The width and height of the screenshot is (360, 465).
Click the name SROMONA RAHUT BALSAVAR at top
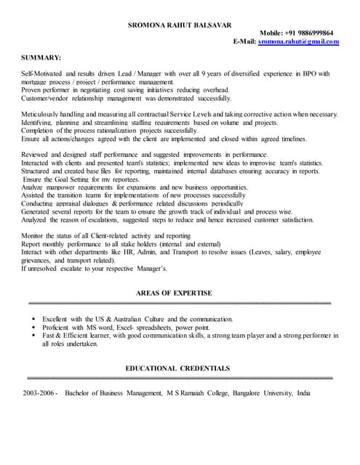pyautogui.click(x=180, y=25)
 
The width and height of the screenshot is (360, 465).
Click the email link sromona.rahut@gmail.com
pyautogui.click(x=298, y=41)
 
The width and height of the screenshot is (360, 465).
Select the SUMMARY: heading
pyautogui.click(x=41, y=57)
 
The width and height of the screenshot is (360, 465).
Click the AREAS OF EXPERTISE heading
pyautogui.click(x=174, y=293)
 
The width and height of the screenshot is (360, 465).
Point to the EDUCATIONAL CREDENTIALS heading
pyautogui.click(x=177, y=368)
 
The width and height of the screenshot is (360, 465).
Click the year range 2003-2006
pyautogui.click(x=40, y=393)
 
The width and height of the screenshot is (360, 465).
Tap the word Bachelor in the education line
pyautogui.click(x=80, y=393)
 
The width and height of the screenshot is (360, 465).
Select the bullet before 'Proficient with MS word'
pyautogui.click(x=33, y=328)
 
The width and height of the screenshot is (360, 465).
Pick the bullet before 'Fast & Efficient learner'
pyautogui.click(x=33, y=336)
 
